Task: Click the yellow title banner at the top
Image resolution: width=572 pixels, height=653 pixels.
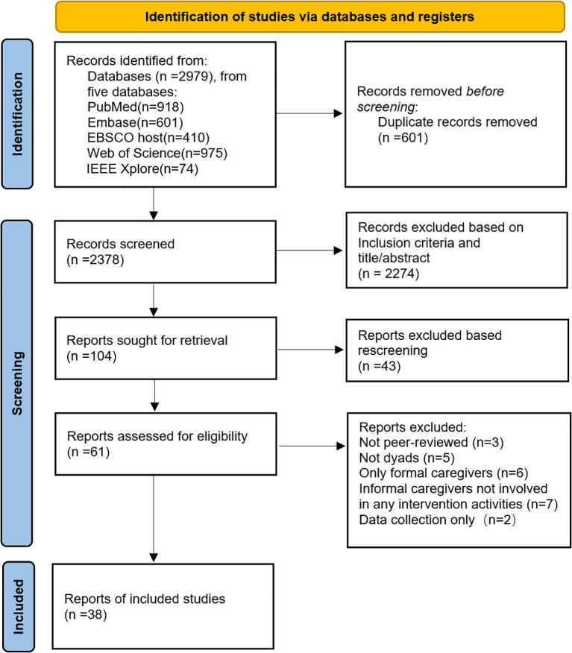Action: click(x=310, y=16)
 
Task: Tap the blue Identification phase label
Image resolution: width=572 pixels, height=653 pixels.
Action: click(x=17, y=114)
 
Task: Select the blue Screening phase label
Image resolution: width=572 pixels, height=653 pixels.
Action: click(x=17, y=383)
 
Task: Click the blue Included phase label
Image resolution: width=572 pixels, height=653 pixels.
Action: click(x=19, y=606)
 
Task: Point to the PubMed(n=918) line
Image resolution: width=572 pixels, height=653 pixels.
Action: click(x=136, y=107)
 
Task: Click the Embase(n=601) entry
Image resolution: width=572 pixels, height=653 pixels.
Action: click(x=135, y=122)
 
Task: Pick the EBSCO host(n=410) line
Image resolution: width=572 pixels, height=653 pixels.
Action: click(x=148, y=138)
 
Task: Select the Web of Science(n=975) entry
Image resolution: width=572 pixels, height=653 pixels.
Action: click(x=157, y=154)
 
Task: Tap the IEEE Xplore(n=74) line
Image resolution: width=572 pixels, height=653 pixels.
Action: click(x=142, y=168)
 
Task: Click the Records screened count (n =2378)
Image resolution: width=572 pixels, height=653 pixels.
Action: click(x=95, y=260)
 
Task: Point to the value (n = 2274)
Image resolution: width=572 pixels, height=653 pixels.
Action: click(x=389, y=274)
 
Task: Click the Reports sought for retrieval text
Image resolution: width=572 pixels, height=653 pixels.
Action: click(x=147, y=340)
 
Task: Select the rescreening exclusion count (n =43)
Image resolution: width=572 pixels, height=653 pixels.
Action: click(x=379, y=366)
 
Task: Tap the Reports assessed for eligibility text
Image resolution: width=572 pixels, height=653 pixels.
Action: click(x=157, y=436)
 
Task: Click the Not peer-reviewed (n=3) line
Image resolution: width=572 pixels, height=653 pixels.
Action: click(x=431, y=442)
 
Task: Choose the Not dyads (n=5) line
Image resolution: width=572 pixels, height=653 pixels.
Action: click(x=406, y=458)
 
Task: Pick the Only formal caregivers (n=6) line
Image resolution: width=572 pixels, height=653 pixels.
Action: click(x=443, y=473)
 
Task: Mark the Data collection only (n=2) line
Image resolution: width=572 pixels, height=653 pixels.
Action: click(x=438, y=520)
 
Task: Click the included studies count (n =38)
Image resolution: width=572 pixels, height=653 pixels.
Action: click(x=86, y=615)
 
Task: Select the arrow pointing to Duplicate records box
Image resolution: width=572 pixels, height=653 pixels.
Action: click(x=309, y=113)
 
